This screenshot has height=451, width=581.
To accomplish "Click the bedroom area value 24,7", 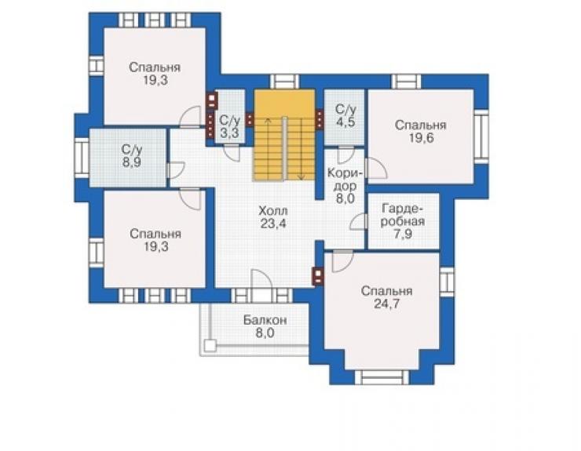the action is pyautogui.click(x=386, y=304).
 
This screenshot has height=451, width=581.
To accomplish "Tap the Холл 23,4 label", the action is pyautogui.click(x=273, y=217).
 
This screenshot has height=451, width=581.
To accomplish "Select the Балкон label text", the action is pyautogui.click(x=265, y=320).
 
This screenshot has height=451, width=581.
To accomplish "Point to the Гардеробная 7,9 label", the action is pyautogui.click(x=403, y=221).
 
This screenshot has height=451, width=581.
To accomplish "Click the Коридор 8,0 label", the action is pyautogui.click(x=345, y=186).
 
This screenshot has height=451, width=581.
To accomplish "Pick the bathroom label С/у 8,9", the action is pyautogui.click(x=132, y=156).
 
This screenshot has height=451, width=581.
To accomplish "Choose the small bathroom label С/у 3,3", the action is pyautogui.click(x=230, y=126).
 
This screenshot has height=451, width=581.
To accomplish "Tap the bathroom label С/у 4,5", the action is pyautogui.click(x=345, y=115).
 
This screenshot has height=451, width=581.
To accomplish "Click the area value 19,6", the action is pyautogui.click(x=422, y=138).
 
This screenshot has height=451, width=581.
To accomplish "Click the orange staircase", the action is pyautogui.click(x=284, y=135).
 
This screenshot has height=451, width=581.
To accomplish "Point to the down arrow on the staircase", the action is pyautogui.click(x=301, y=149).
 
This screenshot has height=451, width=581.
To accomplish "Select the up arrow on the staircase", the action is pyautogui.click(x=268, y=149).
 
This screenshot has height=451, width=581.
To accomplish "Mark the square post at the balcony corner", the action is pyautogui.click(x=210, y=345).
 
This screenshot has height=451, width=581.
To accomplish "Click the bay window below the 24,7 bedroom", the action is pyautogui.click(x=382, y=377).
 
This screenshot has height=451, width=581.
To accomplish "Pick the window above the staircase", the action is pyautogui.click(x=284, y=82).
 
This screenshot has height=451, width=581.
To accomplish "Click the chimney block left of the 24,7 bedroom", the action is pyautogui.click(x=318, y=276).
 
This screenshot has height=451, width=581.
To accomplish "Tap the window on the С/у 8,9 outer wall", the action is pyautogui.click(x=82, y=158).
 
